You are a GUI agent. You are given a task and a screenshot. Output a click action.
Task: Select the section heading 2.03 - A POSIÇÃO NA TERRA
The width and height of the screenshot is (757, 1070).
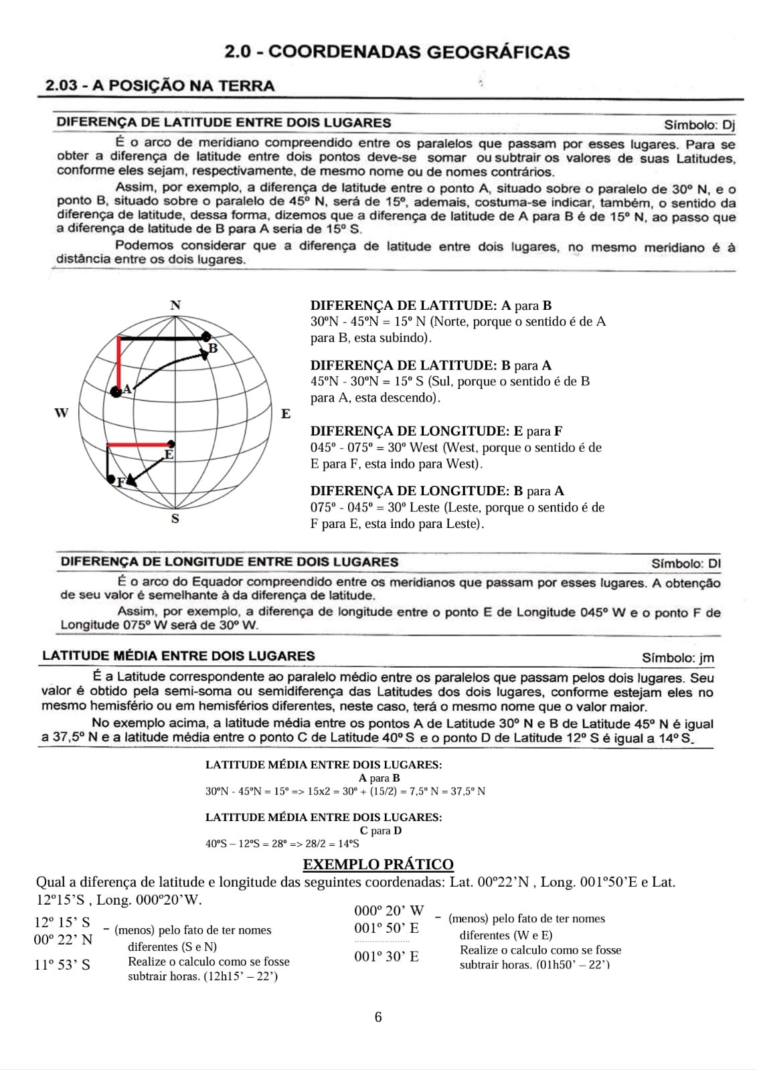pos(159,86)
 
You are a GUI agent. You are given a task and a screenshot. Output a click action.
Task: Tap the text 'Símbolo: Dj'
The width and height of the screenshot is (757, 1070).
pos(699,124)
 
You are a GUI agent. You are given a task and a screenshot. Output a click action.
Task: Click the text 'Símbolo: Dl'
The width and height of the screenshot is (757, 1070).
pos(686,563)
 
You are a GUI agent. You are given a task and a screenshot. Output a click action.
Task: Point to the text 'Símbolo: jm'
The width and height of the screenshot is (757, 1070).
pos(678,658)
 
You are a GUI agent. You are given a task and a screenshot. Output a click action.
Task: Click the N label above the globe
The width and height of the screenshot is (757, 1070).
pos(175,305)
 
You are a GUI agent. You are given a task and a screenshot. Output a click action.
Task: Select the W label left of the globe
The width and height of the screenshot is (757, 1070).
pos(61,413)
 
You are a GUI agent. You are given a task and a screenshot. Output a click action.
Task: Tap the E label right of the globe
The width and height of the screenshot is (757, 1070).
pos(286,414)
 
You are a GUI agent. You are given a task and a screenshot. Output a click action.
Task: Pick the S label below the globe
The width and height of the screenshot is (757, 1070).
pos(175,519)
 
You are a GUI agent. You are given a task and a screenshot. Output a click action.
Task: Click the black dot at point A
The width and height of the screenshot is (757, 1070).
pos(116,391)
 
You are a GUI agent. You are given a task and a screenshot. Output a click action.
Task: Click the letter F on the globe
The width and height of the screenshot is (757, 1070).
pos(120,481)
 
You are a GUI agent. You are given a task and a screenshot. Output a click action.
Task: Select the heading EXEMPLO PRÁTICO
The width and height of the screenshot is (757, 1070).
pos(378,864)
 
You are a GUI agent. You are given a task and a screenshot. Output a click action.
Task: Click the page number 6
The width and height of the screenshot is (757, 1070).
pos(378,1017)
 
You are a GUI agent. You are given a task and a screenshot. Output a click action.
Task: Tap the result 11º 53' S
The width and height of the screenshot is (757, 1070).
pos(62,964)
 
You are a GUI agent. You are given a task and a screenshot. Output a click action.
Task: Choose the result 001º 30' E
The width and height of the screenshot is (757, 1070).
pos(386,956)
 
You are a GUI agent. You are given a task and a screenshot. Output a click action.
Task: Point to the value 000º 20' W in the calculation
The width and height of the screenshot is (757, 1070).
pos(389,910)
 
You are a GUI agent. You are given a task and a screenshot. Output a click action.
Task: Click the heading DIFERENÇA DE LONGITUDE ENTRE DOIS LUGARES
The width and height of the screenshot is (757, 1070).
pos(229,562)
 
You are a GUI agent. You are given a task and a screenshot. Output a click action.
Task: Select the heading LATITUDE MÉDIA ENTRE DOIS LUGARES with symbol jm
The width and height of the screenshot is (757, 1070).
pos(178,656)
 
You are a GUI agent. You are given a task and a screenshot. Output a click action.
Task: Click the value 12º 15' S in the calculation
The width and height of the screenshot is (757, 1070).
pos(62,921)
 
